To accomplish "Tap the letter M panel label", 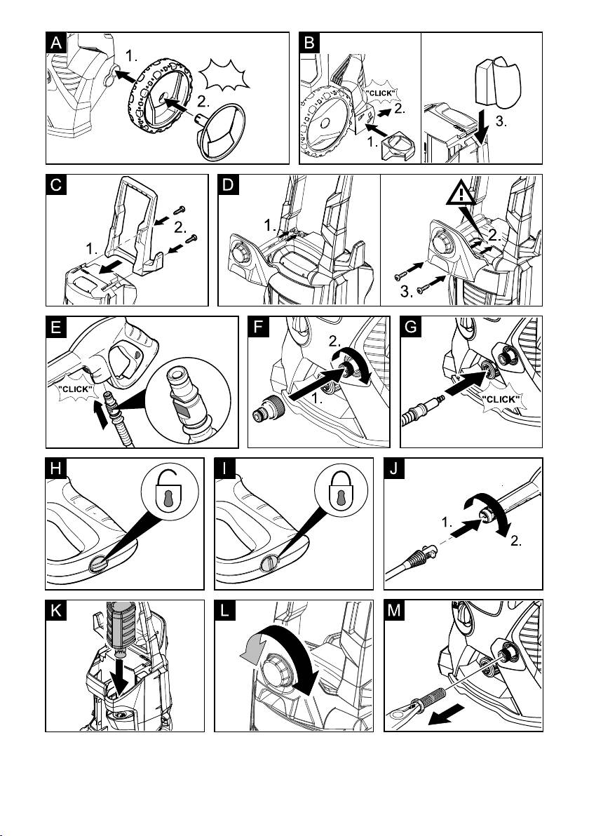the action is pyautogui.click(x=395, y=610).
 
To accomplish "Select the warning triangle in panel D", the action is pyautogui.click(x=461, y=194).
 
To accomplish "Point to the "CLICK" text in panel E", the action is pyautogui.click(x=75, y=389).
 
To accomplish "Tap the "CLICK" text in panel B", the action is pyautogui.click(x=381, y=93).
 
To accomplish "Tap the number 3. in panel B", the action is pyautogui.click(x=501, y=121).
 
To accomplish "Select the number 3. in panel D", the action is pyautogui.click(x=407, y=291).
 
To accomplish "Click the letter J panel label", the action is pyautogui.click(x=395, y=468).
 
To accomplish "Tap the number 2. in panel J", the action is pyautogui.click(x=515, y=541).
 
